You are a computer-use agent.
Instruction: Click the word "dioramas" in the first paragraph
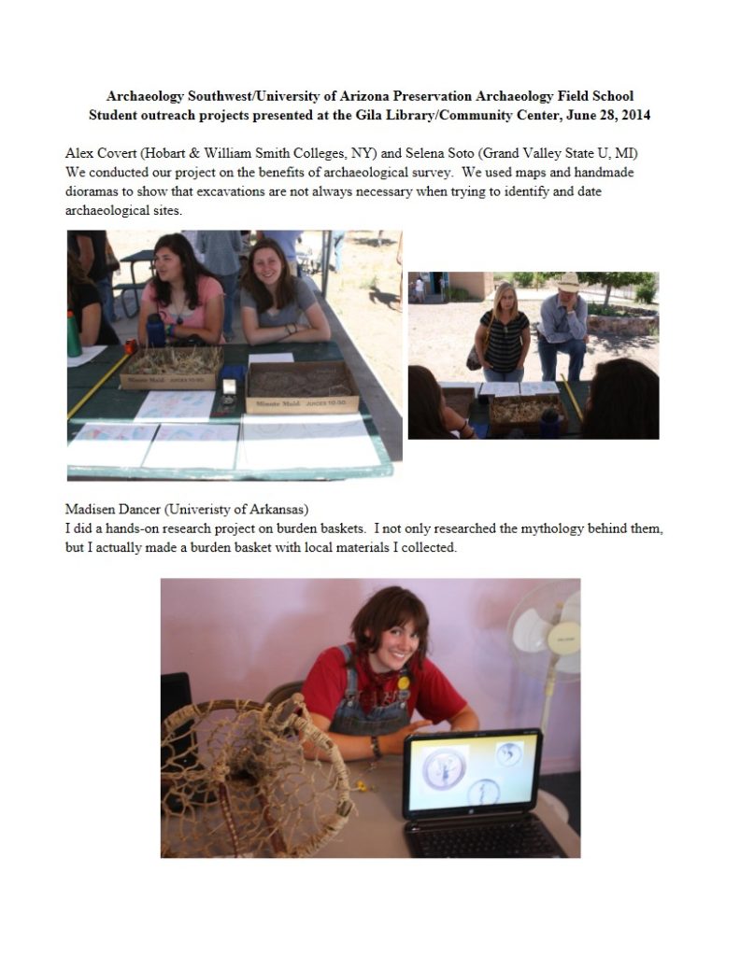point(93,192)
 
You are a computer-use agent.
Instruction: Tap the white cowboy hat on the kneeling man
point(568,280)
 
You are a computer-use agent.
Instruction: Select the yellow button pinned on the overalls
point(404,682)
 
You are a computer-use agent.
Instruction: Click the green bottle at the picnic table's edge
point(73,334)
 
